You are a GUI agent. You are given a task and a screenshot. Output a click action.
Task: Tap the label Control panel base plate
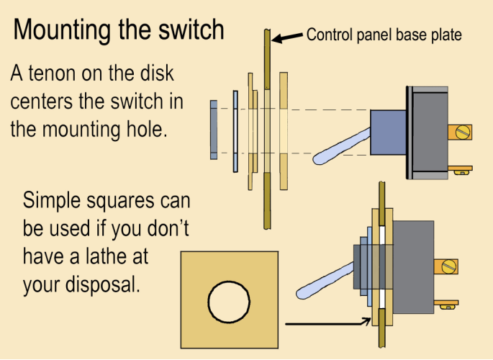tap(384, 34)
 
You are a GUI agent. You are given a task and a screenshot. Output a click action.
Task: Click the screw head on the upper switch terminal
tap(463, 132)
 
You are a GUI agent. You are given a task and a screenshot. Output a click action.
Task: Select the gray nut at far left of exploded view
tap(213, 130)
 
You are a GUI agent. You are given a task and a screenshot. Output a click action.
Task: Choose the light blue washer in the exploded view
tap(235, 130)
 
